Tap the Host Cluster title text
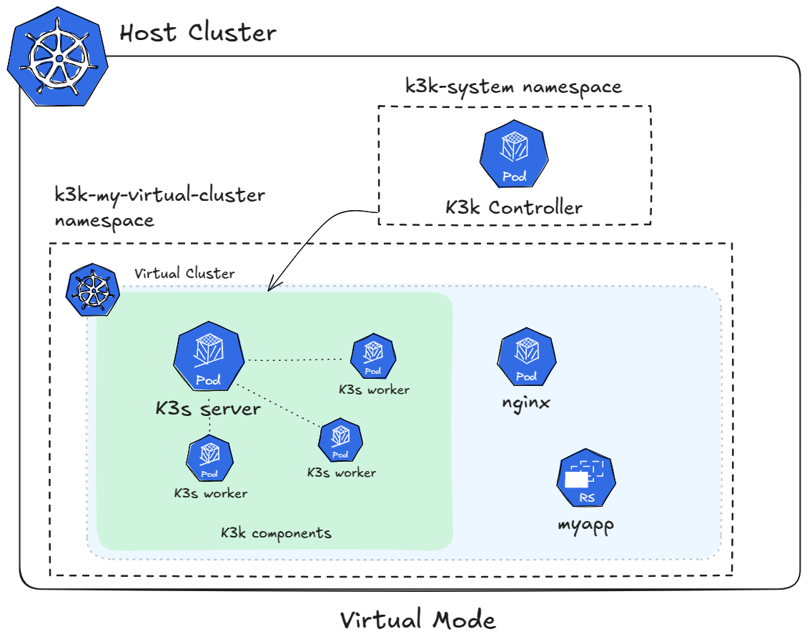(197, 33)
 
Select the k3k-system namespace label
(513, 87)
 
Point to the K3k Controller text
(514, 208)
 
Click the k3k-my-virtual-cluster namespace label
(159, 207)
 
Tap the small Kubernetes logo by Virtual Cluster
(92, 292)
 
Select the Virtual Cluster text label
(184, 274)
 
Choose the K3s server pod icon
(208, 356)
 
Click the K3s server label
(208, 409)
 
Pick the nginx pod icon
(526, 359)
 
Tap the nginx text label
(526, 402)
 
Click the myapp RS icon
(586, 480)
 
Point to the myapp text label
(585, 525)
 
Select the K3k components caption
(276, 533)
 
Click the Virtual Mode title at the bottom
(417, 619)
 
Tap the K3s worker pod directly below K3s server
(209, 460)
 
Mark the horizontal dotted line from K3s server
(297, 360)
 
